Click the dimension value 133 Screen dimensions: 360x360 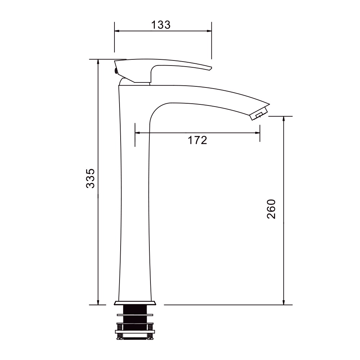click(161, 25)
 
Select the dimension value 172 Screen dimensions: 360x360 click(197, 140)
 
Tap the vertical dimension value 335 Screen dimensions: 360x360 click(90, 179)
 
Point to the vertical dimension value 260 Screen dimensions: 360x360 click(271, 209)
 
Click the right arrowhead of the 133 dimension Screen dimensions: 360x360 click(209, 31)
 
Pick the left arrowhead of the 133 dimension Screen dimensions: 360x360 click(117, 31)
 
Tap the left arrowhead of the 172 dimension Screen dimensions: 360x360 click(138, 133)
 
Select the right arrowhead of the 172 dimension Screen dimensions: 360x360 click(257, 133)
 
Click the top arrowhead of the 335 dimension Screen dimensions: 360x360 click(98, 62)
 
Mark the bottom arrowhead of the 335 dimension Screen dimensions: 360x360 click(98, 302)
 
